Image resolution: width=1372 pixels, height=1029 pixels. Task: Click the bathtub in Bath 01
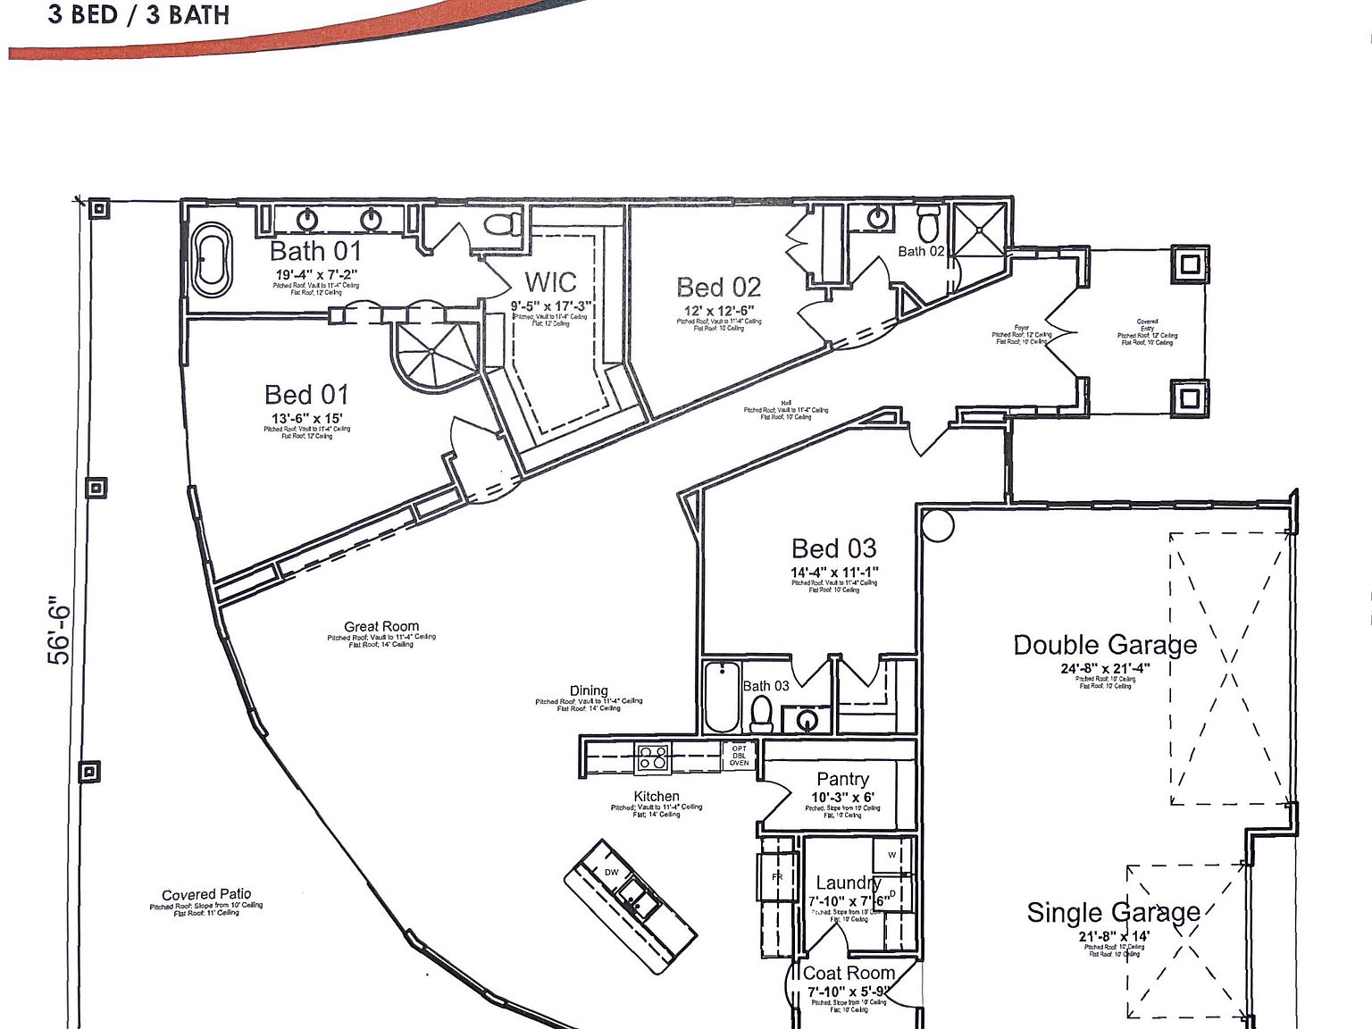[212, 260]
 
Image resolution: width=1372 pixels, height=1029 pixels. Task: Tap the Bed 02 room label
[718, 287]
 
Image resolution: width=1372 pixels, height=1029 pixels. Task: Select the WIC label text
[550, 282]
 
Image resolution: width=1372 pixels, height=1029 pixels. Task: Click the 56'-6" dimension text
[58, 631]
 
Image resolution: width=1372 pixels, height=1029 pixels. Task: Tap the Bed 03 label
[833, 548]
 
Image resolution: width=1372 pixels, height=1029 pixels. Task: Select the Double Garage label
[1105, 645]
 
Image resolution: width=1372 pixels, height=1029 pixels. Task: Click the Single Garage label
[1113, 912]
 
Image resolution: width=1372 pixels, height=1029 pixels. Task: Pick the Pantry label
[842, 779]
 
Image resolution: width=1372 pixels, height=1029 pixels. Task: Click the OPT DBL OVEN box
[739, 756]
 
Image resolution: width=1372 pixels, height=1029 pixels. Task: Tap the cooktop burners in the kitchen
[653, 758]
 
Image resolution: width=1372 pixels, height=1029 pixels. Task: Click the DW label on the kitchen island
[612, 872]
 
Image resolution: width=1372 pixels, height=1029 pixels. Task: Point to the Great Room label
[381, 626]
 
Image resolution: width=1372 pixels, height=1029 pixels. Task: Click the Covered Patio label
[206, 894]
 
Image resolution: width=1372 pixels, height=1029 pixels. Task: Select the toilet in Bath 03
[761, 714]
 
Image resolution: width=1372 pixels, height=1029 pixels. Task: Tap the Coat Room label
[849, 973]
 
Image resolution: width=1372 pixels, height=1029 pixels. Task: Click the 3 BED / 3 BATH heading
[138, 14]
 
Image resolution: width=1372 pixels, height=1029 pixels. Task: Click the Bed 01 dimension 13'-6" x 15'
[306, 418]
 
